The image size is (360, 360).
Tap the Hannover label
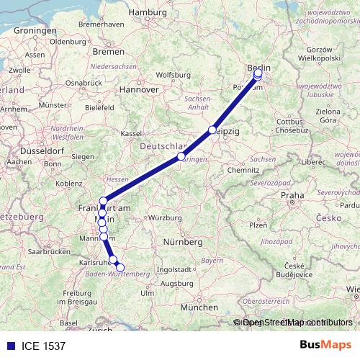tap(138, 90)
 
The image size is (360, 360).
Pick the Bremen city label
tap(109, 52)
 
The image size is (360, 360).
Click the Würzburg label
tap(166, 217)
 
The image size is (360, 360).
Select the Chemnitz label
tap(241, 170)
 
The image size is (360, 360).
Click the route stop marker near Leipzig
tap(212, 130)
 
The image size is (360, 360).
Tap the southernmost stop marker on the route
tap(120, 268)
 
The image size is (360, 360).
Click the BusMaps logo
tap(325, 346)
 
